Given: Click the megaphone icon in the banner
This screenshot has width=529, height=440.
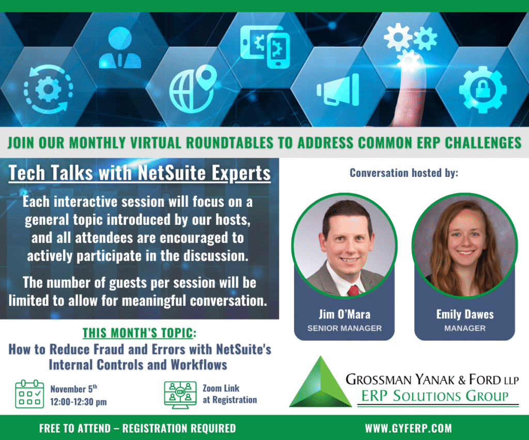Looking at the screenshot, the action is tap(338, 90).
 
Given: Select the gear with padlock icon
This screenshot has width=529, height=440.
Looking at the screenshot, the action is tap(483, 89).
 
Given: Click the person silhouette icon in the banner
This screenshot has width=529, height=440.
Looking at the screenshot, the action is tap(120, 48).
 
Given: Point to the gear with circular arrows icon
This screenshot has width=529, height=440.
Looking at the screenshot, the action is tap(48, 89).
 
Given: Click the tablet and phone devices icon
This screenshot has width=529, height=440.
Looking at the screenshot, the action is tap(265, 46).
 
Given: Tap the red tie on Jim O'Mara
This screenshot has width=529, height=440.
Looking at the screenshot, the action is tap(353, 290).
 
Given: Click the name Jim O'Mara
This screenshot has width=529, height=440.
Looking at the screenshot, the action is tap(345, 314).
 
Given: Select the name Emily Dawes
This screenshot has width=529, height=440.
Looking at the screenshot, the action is tap(465, 314).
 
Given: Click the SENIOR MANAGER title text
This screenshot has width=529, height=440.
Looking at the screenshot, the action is tap(345, 328).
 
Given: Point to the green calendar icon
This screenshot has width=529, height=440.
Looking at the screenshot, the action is tap(29, 394).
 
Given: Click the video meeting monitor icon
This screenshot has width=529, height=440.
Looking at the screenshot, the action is tap(180, 395).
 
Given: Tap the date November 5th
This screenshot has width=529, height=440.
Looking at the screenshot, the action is tap(74, 389).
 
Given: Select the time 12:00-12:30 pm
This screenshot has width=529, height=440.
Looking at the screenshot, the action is tap(79, 402).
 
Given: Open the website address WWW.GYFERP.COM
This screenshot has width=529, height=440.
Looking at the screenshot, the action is tap(408, 428).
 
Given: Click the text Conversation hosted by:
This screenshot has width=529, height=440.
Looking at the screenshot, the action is tap(404, 173).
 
